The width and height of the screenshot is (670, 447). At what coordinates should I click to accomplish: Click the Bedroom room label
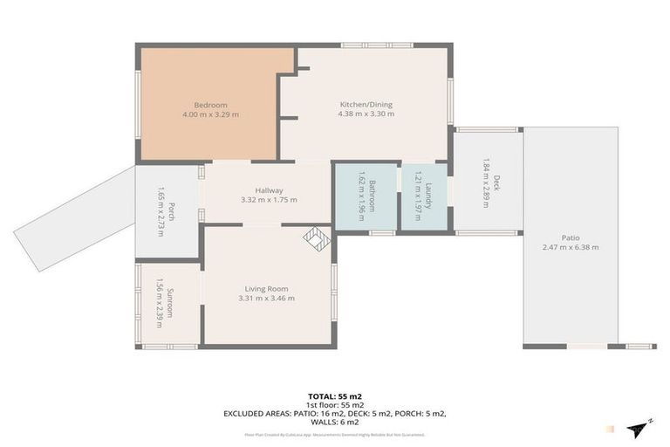pos(210,105)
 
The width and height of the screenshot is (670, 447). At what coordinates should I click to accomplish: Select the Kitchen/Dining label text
pos(366,105)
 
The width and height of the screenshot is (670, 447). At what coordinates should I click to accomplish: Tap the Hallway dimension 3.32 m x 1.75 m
pos(269,200)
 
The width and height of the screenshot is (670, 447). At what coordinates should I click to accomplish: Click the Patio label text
pos(571,237)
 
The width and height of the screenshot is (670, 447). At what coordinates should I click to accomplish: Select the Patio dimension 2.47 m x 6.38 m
pos(571,247)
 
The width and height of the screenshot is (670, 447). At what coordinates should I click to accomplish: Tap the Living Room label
pos(266,289)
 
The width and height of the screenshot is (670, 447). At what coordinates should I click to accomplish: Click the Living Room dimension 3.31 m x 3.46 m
pos(266,299)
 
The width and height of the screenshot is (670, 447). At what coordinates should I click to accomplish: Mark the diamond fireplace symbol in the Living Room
pos(314,237)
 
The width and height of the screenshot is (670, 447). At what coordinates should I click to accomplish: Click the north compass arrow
pos(639,427)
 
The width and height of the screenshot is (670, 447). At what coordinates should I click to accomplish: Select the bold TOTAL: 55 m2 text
pos(335,395)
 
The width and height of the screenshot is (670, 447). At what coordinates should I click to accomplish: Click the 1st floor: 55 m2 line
pos(335,404)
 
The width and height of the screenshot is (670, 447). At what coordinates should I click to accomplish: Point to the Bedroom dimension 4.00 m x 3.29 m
pos(210,114)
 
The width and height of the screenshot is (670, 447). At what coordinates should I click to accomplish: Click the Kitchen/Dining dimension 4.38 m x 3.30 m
pos(366,114)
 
